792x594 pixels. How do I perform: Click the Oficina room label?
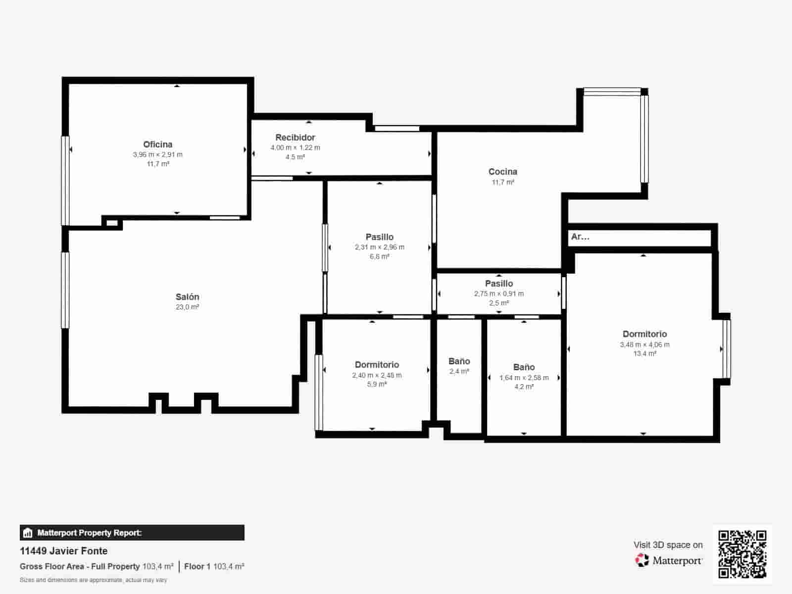pos(157,145)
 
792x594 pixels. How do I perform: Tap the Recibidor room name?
pos(295,138)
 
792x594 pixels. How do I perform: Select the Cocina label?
pos(502,172)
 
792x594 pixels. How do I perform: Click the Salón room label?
pos(187,297)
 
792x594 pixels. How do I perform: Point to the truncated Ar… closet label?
pos(580,237)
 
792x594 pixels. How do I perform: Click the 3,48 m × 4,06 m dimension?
pos(644,345)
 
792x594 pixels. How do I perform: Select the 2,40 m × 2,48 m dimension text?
pos(377,375)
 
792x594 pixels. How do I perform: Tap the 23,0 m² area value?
pos(187,307)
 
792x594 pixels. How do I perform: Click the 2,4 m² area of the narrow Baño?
pos(459,371)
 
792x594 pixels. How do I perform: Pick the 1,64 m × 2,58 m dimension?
pos(524,378)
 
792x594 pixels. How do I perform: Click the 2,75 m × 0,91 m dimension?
pos(498,294)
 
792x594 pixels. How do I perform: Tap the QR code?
pos(742,554)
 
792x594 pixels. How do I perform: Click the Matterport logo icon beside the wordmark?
pos(642,560)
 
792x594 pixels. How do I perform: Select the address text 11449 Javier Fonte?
pos(63,551)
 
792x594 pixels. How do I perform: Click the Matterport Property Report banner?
pos(132,533)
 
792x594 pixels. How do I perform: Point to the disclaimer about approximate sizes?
pos(93,580)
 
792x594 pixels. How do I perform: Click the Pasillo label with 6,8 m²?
pos(379,237)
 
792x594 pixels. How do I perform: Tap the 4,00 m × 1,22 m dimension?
pos(295,148)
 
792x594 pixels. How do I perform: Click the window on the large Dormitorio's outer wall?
pos(726,349)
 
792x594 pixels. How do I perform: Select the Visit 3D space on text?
pos(668,545)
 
